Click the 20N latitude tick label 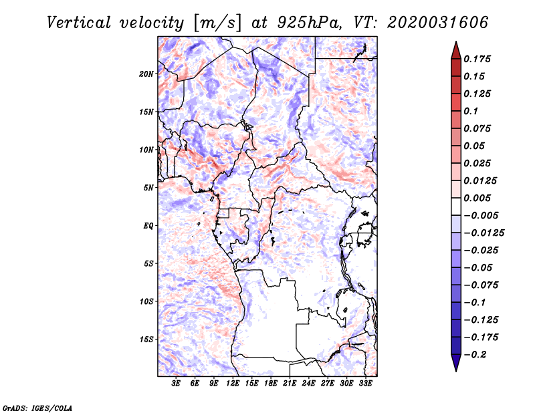pos(146,74)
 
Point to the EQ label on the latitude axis pos(148,226)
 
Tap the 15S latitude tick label pos(146,339)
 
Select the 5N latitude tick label pos(148,188)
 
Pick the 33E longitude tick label pos(365,384)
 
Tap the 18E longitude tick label pos(271,384)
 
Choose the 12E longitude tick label pos(233,384)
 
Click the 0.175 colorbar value pos(478,59)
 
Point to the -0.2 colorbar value pos(475,354)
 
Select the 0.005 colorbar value pos(478,198)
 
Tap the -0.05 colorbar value pos(478,267)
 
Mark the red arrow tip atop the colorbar pos(455,43)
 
